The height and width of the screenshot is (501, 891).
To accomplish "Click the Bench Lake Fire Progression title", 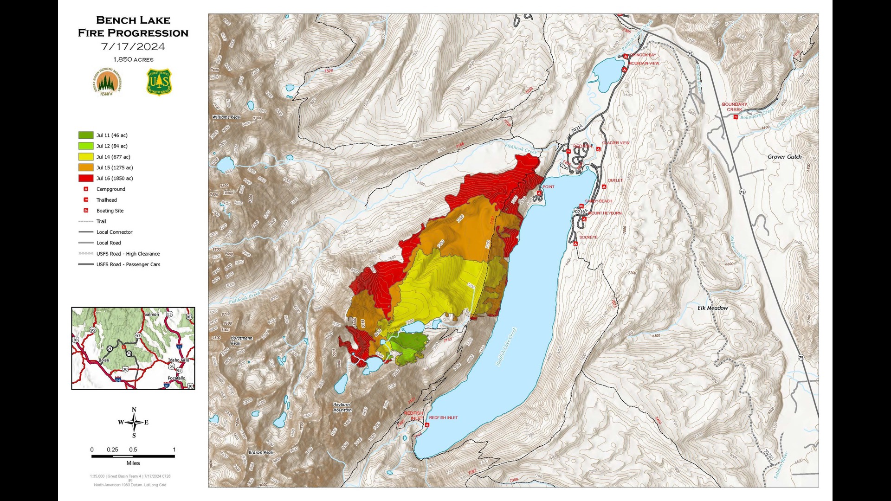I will tap(133, 26).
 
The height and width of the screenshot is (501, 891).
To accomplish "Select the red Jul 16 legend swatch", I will tap(86, 179).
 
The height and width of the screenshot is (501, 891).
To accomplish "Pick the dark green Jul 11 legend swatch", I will tap(86, 135).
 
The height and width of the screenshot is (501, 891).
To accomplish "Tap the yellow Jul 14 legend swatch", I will tap(86, 157).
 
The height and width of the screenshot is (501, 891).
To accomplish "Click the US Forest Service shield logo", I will tap(159, 82).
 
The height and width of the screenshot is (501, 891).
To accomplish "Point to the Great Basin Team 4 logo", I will tap(107, 82).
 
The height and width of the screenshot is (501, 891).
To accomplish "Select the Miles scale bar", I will tap(133, 456).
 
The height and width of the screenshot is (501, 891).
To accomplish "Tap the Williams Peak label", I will tap(226, 117).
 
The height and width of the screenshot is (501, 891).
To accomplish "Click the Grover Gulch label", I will tap(784, 157).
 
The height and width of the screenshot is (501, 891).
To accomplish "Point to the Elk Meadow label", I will tap(712, 308).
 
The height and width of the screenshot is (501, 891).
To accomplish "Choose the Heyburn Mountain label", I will tap(342, 407).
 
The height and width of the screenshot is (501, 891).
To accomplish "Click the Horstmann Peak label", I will tap(241, 340).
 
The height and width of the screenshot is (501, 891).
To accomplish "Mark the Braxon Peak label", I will tap(261, 452).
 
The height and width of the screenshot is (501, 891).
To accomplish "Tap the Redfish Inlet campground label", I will tap(443, 418).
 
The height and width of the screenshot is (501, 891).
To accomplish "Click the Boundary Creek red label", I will tap(734, 107).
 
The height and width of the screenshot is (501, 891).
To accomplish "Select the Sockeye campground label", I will tap(588, 238).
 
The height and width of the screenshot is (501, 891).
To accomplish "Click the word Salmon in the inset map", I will tap(151, 315).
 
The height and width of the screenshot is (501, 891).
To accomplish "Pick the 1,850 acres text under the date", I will tap(133, 59).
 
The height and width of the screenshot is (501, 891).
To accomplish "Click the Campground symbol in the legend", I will tap(86, 189).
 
